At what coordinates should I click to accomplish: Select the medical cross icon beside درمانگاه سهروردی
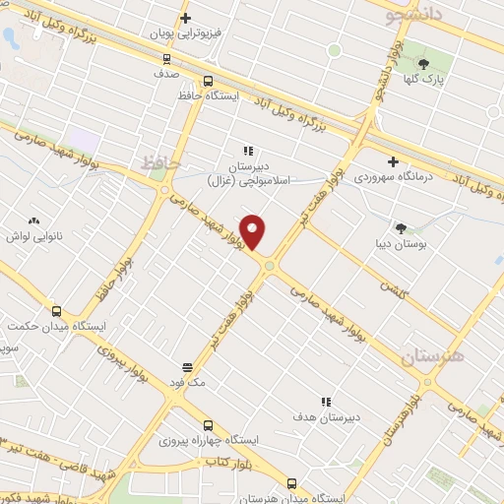coord(393,161)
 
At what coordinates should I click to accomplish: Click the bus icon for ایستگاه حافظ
coord(207,82)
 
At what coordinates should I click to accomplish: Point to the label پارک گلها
coord(439,76)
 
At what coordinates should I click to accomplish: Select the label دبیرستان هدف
coord(330,416)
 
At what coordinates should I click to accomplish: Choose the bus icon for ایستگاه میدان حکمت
coord(56,310)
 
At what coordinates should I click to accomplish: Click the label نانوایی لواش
coord(35,237)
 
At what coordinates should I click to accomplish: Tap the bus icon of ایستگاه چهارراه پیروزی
coord(208,424)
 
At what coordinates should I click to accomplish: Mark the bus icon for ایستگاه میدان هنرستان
coord(291,482)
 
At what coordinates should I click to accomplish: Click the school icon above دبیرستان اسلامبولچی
coord(248,152)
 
